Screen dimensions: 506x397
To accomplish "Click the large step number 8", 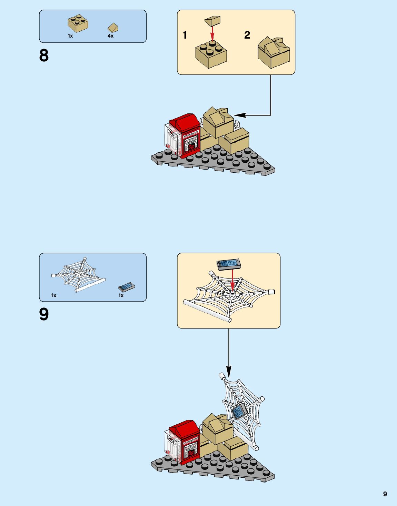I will coord(44,55).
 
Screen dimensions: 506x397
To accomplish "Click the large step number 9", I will coord(44,314).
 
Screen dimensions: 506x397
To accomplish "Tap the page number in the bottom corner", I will coord(385,494).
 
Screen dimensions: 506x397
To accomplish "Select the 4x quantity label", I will coord(110,36).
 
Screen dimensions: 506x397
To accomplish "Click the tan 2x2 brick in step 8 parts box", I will coord(78,23).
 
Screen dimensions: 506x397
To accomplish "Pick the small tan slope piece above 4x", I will coord(113,28).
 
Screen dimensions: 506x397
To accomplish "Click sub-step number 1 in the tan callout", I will coord(185,35).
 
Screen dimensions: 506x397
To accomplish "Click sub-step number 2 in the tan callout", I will coord(247,35).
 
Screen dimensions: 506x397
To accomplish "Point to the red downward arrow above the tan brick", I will coord(212,33).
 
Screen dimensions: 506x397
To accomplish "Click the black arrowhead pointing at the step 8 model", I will coord(240,115).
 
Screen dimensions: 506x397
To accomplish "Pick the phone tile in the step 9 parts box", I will coord(126,287).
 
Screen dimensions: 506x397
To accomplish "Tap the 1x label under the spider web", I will coord(53,295).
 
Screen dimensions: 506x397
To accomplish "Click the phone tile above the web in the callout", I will coord(229,264).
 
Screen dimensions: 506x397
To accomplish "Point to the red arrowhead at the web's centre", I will coord(232,287).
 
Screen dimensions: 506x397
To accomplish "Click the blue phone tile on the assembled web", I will coord(238,412).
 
